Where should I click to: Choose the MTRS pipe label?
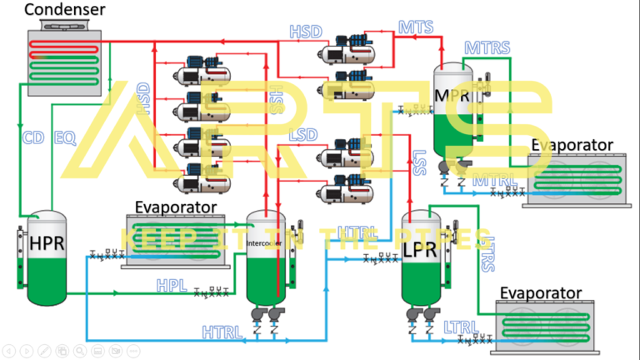[x=487, y=47]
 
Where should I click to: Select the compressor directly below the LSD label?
[x=337, y=155]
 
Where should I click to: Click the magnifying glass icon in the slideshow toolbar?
[x=79, y=350]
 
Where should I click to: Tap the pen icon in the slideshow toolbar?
[x=44, y=350]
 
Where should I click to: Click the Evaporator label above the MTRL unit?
[x=572, y=145]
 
